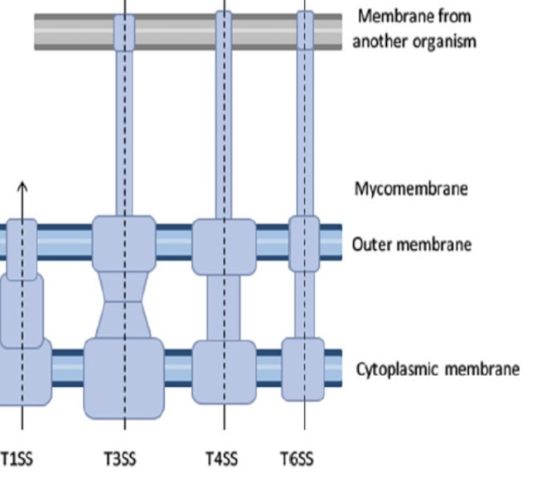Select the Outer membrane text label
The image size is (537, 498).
[411, 244]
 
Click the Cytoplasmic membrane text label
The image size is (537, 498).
[438, 369]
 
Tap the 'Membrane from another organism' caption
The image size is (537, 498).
[414, 28]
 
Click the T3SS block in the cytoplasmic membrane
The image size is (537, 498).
[124, 378]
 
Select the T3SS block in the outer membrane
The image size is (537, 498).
[124, 242]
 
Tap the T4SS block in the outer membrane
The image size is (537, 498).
[224, 246]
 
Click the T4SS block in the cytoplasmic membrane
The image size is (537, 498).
[224, 371]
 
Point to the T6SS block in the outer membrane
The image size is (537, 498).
[304, 243]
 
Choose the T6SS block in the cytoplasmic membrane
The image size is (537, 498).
[303, 369]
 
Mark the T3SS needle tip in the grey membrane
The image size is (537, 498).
[124, 32]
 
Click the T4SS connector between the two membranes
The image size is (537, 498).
[224, 307]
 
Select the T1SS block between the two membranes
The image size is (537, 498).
[21, 310]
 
